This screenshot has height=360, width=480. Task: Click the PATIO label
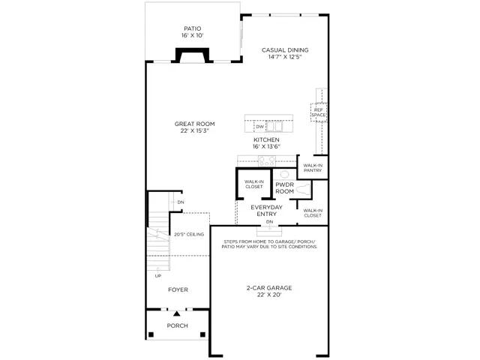[193, 28]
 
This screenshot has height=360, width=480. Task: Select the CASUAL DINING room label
[285, 50]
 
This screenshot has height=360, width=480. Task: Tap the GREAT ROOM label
[195, 124]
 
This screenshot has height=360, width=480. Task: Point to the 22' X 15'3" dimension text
[195, 131]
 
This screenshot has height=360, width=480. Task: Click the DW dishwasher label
[260, 127]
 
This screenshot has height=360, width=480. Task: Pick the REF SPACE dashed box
[319, 112]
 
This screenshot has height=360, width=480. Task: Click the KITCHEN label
[266, 140]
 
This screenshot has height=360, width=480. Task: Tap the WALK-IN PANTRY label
[313, 168]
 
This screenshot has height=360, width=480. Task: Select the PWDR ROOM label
[285, 188]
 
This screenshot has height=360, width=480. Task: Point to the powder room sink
[284, 175]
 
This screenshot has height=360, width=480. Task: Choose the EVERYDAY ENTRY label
[267, 211]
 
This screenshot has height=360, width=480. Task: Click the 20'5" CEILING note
[189, 235]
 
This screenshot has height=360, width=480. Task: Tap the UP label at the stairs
[158, 276]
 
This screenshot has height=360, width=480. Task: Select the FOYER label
[178, 289]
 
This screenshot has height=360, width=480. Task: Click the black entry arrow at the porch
[177, 313]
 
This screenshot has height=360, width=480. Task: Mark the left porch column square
[151, 334]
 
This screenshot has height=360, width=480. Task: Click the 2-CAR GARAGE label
[269, 288]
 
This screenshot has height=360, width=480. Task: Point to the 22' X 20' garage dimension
[269, 295]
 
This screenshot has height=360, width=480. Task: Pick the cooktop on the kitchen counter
[267, 161]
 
